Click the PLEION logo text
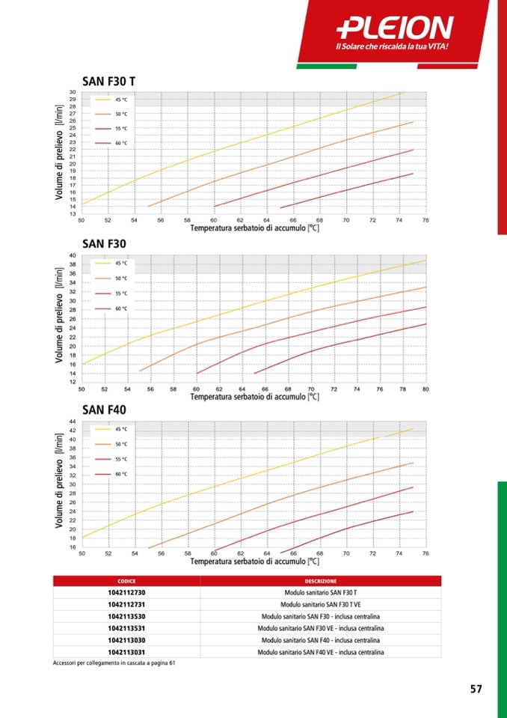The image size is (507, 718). pos(395,28)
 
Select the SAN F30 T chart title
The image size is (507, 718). pos(108,81)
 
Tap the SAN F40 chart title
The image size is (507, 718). pos(105,410)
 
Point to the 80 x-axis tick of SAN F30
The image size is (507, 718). pos(425,389)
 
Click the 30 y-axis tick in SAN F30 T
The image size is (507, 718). pos(72,92)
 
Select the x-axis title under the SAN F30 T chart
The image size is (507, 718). pos(254,228)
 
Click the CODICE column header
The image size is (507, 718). pos(126,581)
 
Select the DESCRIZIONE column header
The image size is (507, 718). pos(320,581)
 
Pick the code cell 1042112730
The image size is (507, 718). pos(126,592)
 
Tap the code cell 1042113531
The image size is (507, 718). pos(126,629)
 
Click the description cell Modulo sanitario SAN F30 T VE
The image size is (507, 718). pos(320,604)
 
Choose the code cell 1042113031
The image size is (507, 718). pos(126,653)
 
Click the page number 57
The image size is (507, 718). pos(476,690)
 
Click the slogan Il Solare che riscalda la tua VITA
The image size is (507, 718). pos(396,47)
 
